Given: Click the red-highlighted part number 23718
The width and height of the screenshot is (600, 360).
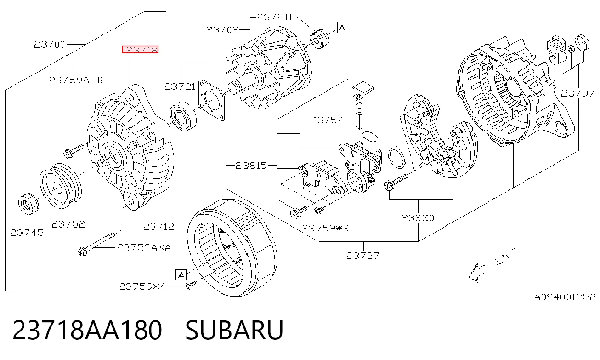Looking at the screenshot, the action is pos(141,50).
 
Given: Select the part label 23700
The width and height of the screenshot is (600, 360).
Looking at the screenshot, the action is pos(50,44).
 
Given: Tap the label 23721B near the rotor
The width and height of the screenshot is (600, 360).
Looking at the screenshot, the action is pos(276,17).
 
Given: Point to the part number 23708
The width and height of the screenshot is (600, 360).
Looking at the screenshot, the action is pos(222,30).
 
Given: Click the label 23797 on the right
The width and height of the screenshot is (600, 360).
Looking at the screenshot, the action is pos(577,93).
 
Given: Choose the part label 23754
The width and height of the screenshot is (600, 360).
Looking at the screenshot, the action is pos(327,120).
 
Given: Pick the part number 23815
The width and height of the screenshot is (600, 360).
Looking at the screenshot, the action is pos(251,166).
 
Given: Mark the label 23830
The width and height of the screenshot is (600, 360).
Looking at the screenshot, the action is pos(418,218).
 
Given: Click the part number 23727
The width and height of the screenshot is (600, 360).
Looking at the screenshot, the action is pos(362,256).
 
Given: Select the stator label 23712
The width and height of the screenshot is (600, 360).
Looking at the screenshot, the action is pos(159,227).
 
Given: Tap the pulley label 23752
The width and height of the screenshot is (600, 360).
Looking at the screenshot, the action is pos(68,224).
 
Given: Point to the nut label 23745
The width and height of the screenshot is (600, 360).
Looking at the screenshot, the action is pos(27,233).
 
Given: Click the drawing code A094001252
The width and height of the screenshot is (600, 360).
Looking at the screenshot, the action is pos(565,297).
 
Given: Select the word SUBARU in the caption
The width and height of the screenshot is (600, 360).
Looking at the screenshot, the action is pos(234,330).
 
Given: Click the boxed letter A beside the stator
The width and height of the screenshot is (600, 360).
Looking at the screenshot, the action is pos(181,275).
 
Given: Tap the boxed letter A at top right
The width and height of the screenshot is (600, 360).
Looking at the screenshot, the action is pos(342,27).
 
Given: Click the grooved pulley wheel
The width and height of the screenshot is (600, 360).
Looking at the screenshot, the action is pos(61,186).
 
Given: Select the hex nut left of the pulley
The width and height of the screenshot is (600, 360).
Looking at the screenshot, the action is pos(28,204).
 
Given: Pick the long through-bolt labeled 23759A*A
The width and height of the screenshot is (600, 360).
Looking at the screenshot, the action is pos(96,244).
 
